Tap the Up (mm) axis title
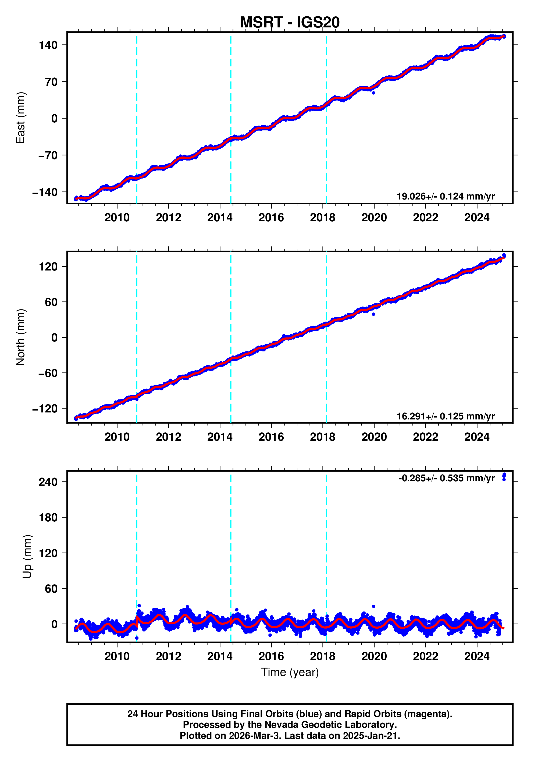tap(27, 557)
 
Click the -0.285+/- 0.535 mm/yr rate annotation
tap(446, 478)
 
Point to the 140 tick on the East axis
tap(48, 45)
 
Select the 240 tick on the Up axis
tap(48, 482)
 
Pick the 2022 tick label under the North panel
tap(425, 437)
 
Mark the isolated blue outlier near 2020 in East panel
tap(373, 93)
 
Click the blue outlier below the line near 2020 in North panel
tap(373, 314)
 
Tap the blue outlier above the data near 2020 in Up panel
tap(373, 606)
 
